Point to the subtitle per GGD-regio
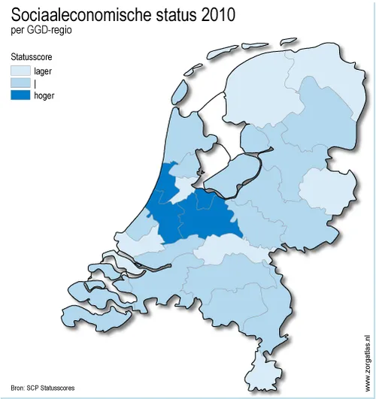pos(36,30)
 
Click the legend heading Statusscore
pos(31,57)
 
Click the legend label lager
pos(43,71)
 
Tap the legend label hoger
pos(44,95)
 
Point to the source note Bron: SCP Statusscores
pos(43,388)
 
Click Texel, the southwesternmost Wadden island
pos(179,91)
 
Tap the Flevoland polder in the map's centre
pos(229,177)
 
